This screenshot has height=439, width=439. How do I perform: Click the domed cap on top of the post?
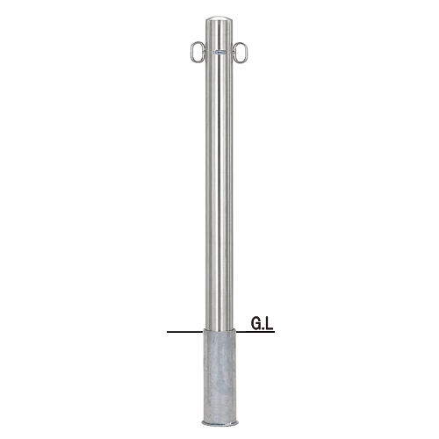point(219,21)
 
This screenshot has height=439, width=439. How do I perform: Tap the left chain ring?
point(191,52)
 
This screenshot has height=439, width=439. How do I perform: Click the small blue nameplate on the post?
point(219,53)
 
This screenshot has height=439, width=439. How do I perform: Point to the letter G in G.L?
point(255,324)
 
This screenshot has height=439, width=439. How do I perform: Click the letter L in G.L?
point(270,324)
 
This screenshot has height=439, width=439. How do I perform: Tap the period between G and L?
point(263,328)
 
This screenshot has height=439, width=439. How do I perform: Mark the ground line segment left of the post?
point(185,332)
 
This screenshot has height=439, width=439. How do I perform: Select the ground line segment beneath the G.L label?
point(255,332)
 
